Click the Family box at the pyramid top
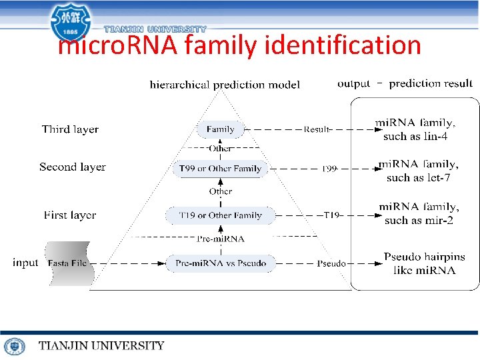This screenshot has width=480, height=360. pos(220,129)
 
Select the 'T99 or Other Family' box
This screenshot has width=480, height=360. pos(220,169)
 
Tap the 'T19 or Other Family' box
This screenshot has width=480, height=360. pos(220,215)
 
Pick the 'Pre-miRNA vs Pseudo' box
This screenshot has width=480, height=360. pos(220,263)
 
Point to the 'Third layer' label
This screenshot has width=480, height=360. pos(70,129)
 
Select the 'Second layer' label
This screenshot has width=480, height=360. pos(72,167)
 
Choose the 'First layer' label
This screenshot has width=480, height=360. pos(70,215)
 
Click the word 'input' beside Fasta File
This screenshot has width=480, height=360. pos(25,263)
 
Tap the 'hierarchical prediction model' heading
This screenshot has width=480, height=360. pos(225,85)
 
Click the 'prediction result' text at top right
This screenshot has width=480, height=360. pos(431,83)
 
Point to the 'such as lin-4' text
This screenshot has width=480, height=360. pos(415,137)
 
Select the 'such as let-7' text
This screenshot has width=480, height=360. pos(418,177)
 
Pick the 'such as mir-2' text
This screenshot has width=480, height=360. pos(419,220)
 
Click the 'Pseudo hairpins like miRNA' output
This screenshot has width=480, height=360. pos(424,263)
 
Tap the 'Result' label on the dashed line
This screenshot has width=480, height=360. pos(317,129)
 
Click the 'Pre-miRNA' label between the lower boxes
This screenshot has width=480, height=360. pos(221,239)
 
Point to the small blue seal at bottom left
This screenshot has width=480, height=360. pos(14,346)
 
